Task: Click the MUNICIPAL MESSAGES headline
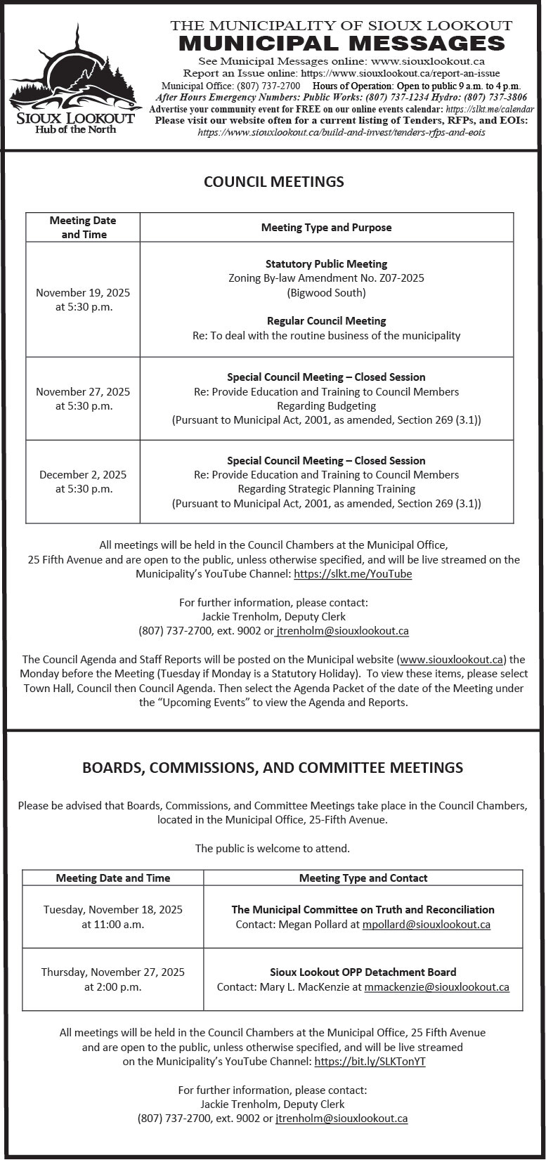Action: click(x=342, y=44)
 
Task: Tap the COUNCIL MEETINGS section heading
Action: click(x=273, y=182)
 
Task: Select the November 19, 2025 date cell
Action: click(x=83, y=299)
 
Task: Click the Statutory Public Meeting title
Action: click(x=326, y=264)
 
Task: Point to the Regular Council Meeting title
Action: click(x=326, y=321)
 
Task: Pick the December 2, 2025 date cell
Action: click(x=83, y=482)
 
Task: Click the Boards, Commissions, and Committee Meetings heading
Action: click(x=273, y=767)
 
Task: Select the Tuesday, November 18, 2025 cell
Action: click(x=113, y=917)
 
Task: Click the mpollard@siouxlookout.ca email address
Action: click(x=426, y=925)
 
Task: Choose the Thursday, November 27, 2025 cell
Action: click(x=113, y=979)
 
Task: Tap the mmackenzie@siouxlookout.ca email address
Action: click(x=436, y=987)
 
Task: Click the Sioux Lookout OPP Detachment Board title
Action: click(x=363, y=972)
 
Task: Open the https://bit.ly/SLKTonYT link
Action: click(x=370, y=1062)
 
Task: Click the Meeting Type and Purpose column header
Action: click(x=326, y=228)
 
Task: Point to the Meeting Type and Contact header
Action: click(x=363, y=878)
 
